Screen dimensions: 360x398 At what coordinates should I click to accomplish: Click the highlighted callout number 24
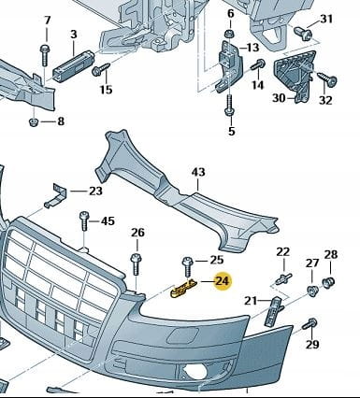[x=223, y=281]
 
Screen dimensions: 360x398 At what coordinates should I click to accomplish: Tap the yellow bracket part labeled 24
[x=183, y=289]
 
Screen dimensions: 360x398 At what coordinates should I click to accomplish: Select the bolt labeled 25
[x=188, y=266]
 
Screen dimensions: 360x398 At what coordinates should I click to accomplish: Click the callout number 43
[x=198, y=172]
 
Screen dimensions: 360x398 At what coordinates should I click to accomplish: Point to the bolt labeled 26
[x=137, y=264]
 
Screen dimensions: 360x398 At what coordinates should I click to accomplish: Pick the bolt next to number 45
[x=84, y=220]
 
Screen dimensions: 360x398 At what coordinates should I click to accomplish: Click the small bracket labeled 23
[x=56, y=195]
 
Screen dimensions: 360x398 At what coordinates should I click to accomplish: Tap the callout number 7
[x=48, y=21]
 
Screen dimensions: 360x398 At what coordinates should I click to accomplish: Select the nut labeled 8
[x=34, y=121]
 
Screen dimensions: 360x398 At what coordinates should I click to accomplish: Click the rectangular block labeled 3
[x=73, y=65]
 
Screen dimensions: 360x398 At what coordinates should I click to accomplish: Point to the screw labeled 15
[x=101, y=69]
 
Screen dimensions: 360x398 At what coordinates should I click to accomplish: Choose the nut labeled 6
[x=230, y=34]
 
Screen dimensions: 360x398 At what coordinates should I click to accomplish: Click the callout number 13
[x=253, y=48]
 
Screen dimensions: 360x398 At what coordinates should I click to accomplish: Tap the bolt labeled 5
[x=230, y=107]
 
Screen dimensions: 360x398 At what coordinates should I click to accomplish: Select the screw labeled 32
[x=327, y=78]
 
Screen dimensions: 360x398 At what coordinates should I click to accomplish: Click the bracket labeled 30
[x=294, y=75]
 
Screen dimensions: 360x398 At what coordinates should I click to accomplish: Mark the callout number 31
[x=326, y=20]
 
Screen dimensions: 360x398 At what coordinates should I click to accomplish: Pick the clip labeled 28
[x=328, y=282]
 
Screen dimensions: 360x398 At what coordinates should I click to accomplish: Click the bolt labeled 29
[x=310, y=324]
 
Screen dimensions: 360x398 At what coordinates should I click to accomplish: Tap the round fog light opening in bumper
[x=194, y=372]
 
